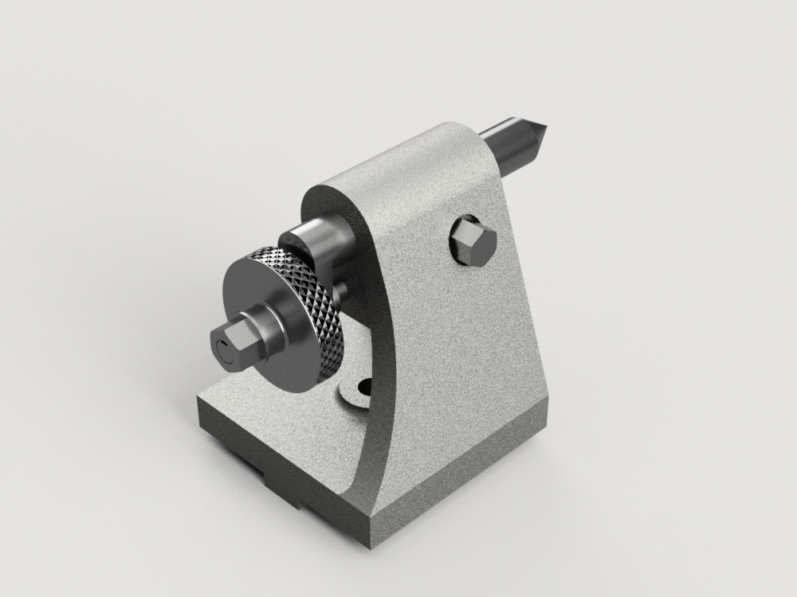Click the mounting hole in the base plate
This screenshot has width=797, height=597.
(365, 388)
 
